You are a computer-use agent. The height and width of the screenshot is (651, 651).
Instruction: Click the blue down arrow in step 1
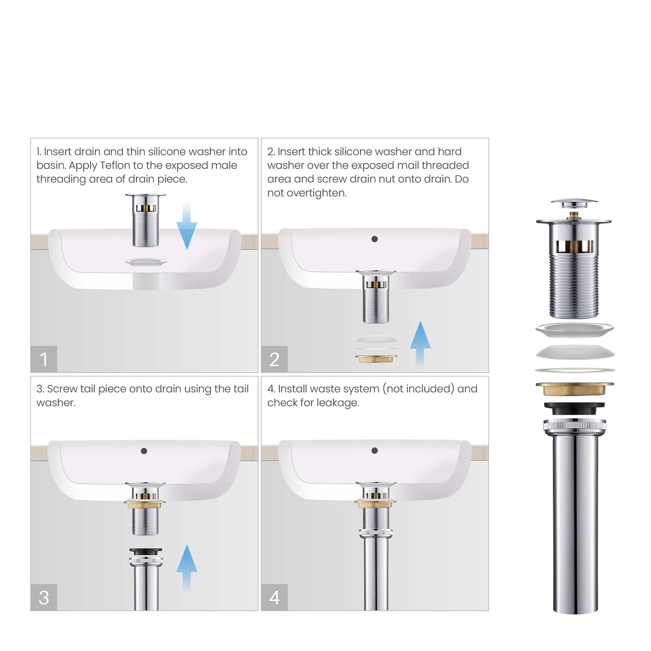pyautogui.click(x=187, y=228)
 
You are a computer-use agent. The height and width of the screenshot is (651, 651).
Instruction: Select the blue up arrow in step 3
pyautogui.click(x=187, y=565)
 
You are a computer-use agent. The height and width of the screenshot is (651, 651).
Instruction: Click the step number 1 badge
pyautogui.click(x=44, y=359)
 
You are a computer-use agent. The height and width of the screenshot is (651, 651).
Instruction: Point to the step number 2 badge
pyautogui.click(x=274, y=359)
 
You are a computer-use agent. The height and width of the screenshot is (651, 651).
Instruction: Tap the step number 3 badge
pyautogui.click(x=44, y=597)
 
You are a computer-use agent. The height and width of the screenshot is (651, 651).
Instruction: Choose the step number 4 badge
pyautogui.click(x=274, y=597)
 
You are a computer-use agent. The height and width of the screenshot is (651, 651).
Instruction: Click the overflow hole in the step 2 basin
pyautogui.click(x=374, y=239)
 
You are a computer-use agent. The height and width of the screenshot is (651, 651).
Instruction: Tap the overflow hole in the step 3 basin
pyautogui.click(x=144, y=451)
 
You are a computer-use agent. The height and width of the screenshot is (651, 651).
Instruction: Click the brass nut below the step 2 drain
pyautogui.click(x=376, y=359)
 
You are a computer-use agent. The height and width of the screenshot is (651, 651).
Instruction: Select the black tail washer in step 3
pyautogui.click(x=146, y=551)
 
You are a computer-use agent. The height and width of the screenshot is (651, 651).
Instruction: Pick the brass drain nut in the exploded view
pyautogui.click(x=574, y=389)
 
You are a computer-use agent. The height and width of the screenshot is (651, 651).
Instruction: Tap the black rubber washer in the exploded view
pyautogui.click(x=574, y=408)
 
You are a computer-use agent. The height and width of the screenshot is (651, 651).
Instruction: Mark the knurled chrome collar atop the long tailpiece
pyautogui.click(x=574, y=425)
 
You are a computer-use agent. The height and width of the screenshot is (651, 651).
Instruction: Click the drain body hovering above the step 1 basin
pyautogui.click(x=146, y=221)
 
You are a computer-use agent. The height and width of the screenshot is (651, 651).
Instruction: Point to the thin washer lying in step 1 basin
pyautogui.click(x=146, y=262)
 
